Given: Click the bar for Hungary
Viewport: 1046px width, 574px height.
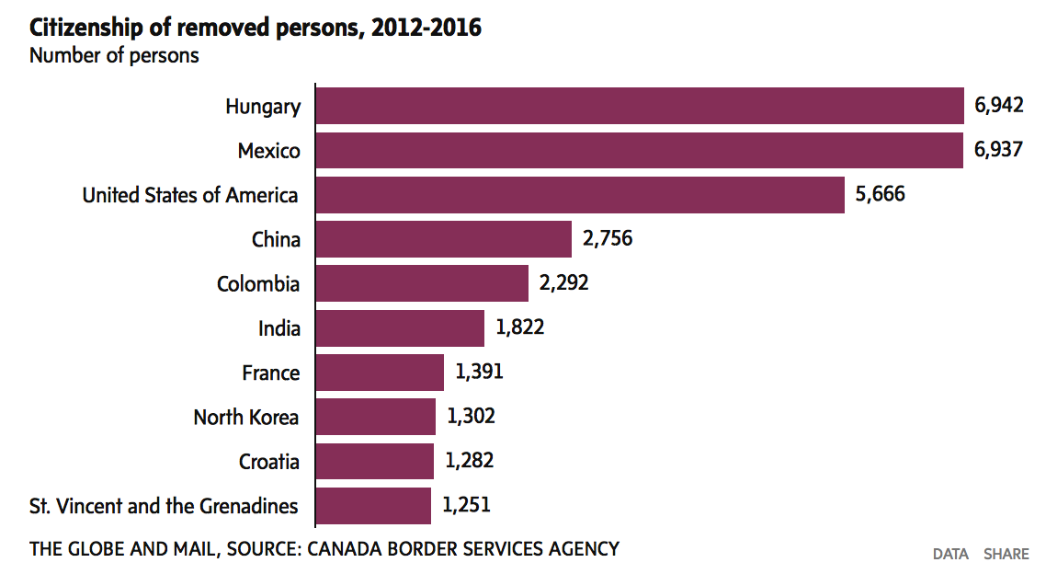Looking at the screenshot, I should coord(639,106).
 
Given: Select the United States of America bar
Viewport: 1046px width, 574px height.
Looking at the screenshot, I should coord(580,195).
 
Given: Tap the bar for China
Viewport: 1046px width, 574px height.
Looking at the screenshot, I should coord(444,239).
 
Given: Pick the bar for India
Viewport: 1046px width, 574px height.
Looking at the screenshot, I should coord(400,327).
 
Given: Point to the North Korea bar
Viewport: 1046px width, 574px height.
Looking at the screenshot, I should coord(376,417).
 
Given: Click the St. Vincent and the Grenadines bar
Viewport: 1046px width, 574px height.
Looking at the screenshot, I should coord(373,505).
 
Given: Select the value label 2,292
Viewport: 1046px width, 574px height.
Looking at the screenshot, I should coord(564,283).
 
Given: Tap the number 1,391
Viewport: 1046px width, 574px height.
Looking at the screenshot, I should coord(479,372).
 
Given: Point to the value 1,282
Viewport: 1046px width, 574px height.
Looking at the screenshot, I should coord(469,461).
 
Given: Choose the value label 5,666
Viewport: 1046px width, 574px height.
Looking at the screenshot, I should coord(880,195).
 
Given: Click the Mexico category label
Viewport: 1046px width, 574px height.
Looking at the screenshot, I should coord(268,151).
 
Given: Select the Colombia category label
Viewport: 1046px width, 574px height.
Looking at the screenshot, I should coord(258,284).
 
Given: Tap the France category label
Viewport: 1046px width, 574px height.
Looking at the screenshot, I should coord(271,373).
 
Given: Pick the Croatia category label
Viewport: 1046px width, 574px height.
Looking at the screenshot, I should coord(269,462).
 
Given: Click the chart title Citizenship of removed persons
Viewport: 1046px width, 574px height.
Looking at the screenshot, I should coord(256,28).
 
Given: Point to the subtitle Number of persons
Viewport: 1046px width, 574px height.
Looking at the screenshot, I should coord(114,55).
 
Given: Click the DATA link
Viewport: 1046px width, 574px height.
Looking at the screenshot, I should coord(950,554).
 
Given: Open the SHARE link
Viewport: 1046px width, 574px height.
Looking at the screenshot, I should coord(1006,554).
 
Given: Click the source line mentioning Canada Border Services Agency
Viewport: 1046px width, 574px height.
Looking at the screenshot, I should coord(324,549).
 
